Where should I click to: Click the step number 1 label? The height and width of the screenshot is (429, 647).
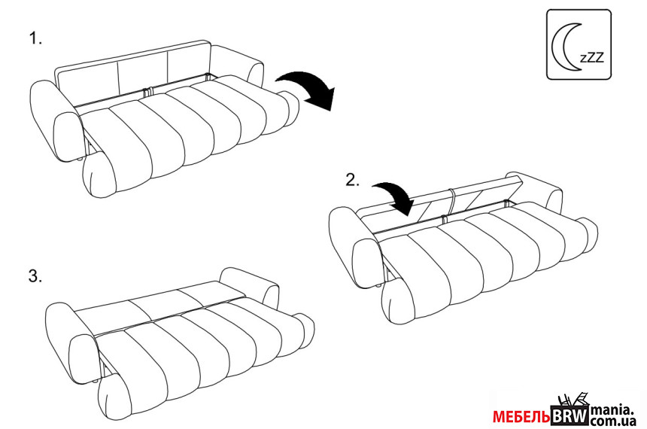click(x=35, y=38)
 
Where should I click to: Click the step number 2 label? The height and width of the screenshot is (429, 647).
click(x=352, y=180)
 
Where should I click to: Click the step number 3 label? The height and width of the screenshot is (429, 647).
click(x=35, y=276)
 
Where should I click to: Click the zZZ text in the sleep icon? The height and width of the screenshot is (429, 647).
click(x=592, y=56)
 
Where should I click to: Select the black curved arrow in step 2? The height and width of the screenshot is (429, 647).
click(x=393, y=196)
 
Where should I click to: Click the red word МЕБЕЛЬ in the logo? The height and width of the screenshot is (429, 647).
click(x=521, y=417)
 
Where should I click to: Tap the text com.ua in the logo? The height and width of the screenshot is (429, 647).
click(x=612, y=421)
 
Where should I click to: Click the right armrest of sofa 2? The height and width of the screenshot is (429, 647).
click(x=536, y=189)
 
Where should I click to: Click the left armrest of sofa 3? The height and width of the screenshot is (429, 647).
click(x=71, y=342)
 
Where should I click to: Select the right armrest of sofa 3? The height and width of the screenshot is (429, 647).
click(x=251, y=285)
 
